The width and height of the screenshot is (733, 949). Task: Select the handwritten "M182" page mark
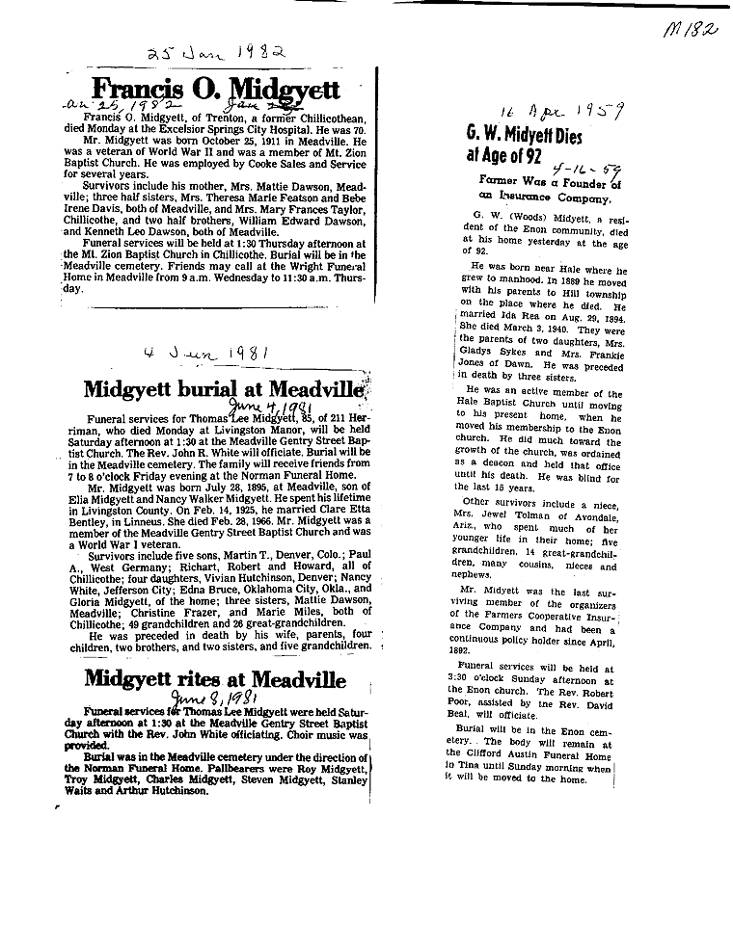tap(692, 31)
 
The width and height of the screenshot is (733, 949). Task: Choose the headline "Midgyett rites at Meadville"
tap(215, 678)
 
